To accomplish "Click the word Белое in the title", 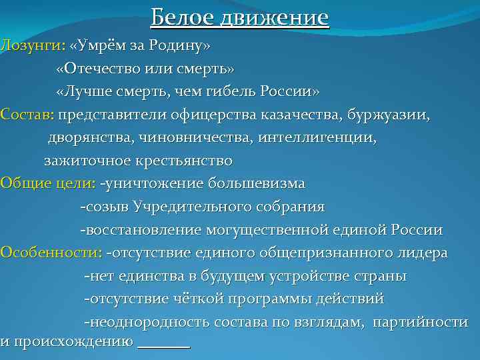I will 177,17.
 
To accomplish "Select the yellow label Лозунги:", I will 31,46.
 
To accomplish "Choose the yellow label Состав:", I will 27,115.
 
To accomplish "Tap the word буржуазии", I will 387,115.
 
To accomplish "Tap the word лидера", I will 425,253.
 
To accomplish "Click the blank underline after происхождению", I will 163,345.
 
